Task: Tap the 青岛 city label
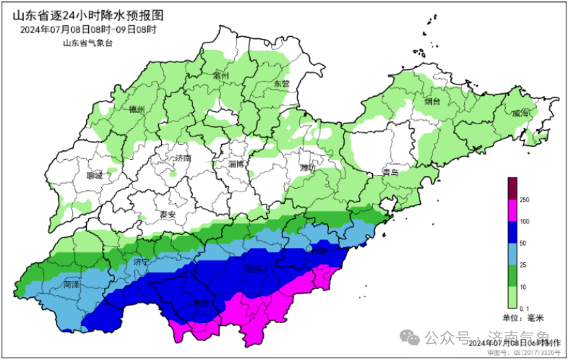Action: [392, 172]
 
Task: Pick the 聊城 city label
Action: [94, 175]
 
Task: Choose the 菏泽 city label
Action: [71, 285]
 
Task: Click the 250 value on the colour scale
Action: [525, 200]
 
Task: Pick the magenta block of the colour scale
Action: [512, 210]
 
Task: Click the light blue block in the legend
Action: [512, 254]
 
